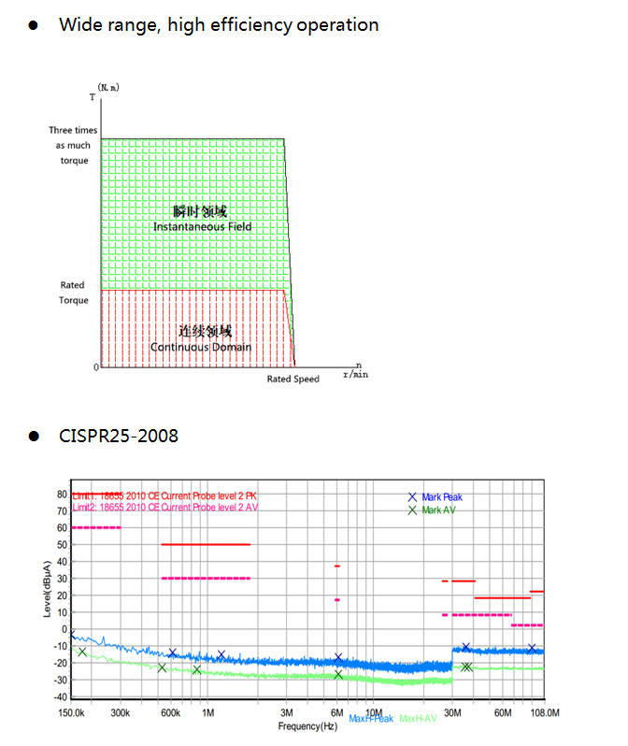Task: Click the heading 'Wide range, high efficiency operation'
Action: pos(219,25)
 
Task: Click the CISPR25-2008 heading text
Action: pos(119,436)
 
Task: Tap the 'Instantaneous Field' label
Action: pos(202,227)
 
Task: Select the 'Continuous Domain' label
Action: pos(202,348)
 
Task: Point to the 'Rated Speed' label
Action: pos(293,379)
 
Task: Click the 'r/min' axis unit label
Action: pos(355,374)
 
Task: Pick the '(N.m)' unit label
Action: pos(109,87)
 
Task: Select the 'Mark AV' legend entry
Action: pos(437,510)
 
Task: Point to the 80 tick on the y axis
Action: pos(62,494)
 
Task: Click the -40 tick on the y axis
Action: pos(60,696)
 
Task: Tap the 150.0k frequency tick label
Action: pos(72,712)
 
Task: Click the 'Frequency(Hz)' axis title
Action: pos(307,725)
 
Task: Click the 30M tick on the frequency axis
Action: pos(452,712)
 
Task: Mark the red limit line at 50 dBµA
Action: pos(206,544)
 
